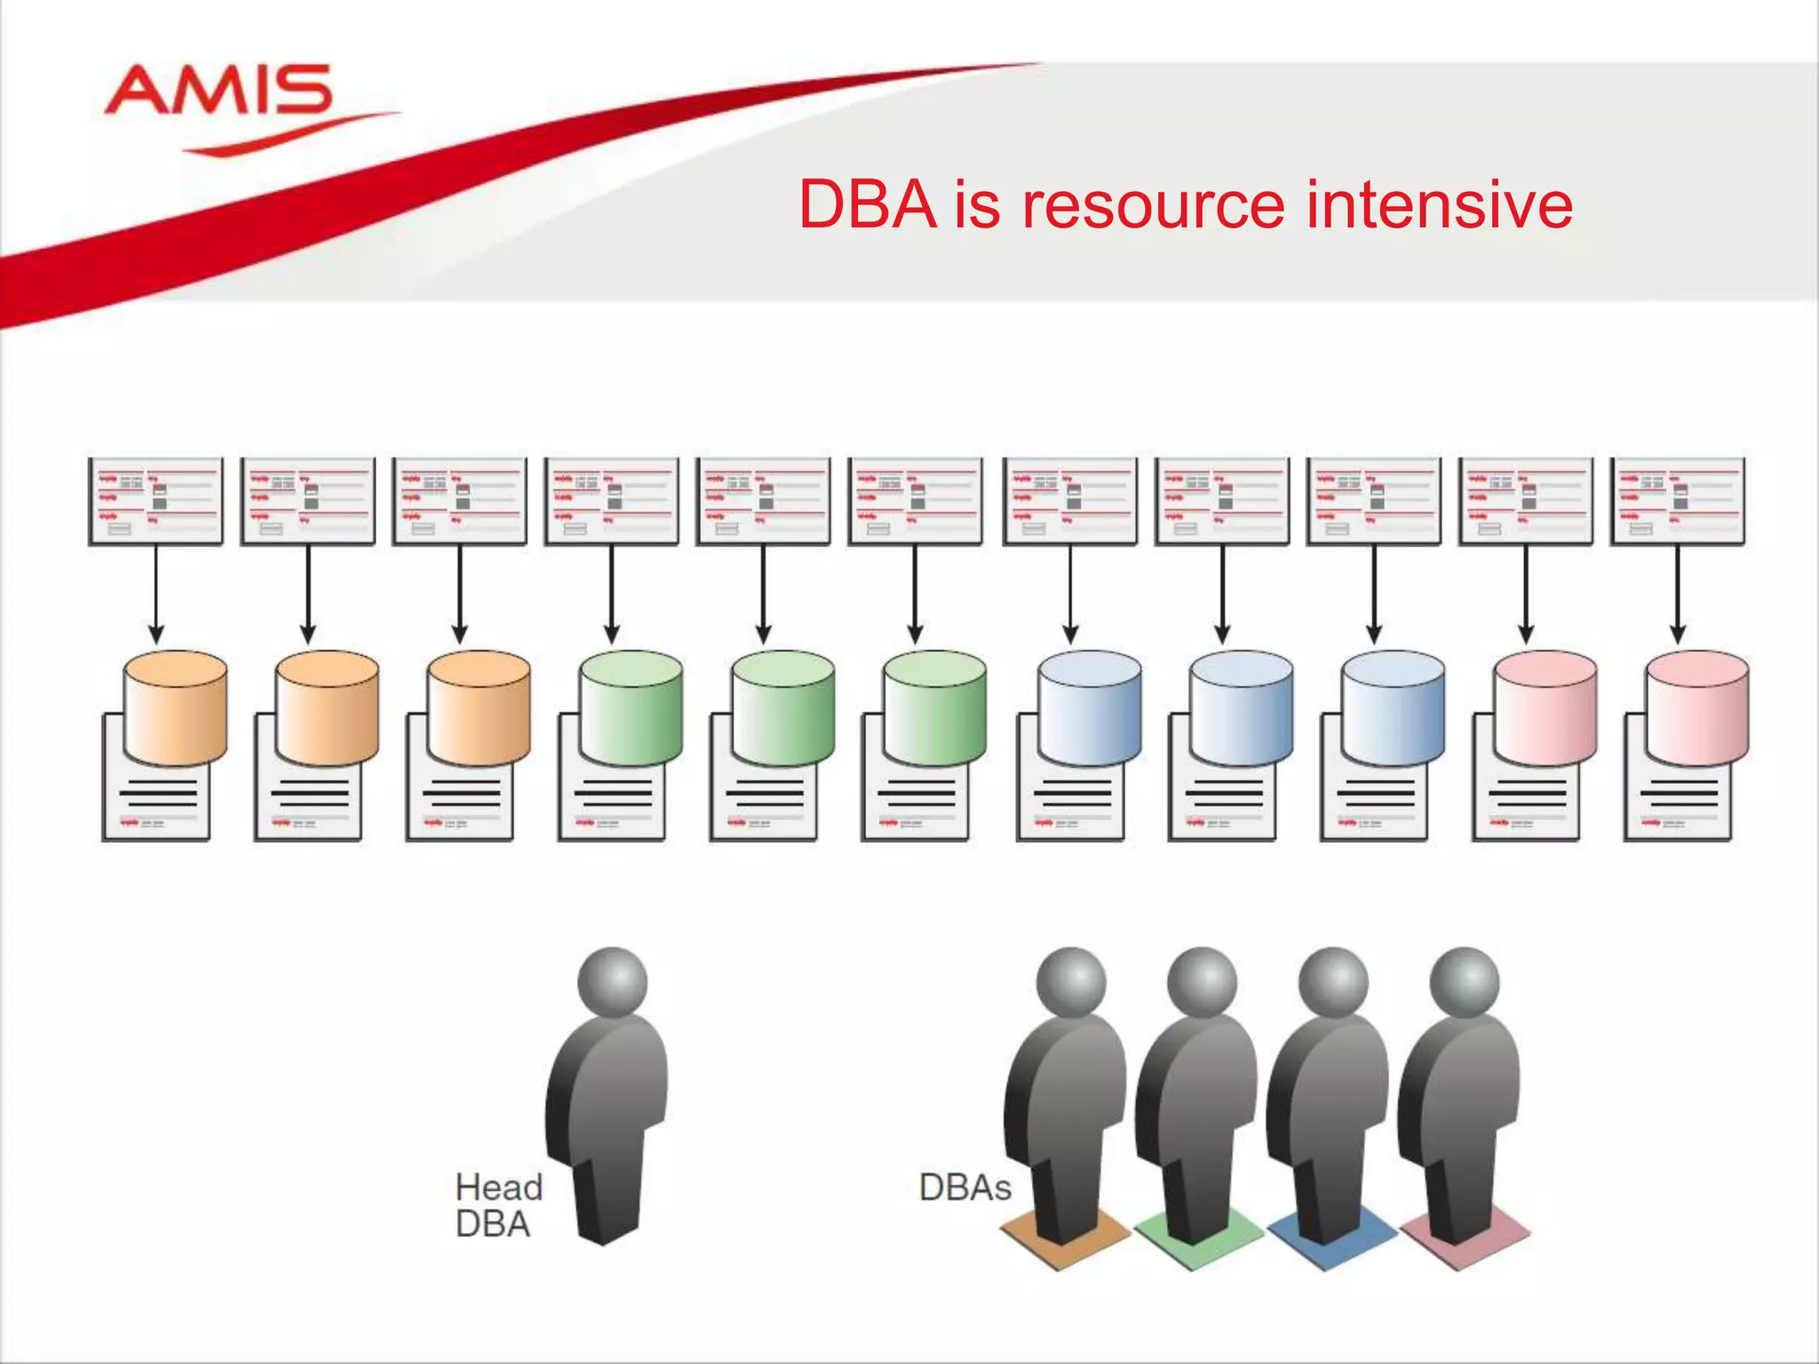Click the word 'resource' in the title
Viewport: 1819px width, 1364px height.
1152,205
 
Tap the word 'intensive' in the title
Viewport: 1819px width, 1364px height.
1440,205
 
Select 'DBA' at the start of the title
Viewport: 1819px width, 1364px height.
868,205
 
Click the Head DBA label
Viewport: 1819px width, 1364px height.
497,1205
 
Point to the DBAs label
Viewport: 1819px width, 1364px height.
965,1187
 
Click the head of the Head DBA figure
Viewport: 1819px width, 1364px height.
612,982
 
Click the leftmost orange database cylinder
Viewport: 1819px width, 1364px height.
175,708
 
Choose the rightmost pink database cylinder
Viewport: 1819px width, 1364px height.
1696,708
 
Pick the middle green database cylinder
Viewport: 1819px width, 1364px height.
782,708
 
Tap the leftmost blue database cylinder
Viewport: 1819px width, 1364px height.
1089,708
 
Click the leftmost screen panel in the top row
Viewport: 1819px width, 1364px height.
155,501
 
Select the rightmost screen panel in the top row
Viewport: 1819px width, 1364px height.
1677,501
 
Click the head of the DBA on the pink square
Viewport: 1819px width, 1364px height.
1465,982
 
